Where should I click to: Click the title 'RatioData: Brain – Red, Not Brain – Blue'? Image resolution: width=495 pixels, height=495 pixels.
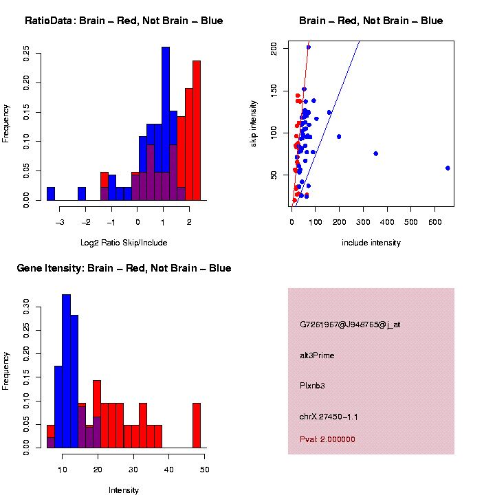click(x=124, y=21)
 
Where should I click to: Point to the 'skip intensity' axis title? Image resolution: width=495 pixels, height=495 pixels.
click(x=254, y=122)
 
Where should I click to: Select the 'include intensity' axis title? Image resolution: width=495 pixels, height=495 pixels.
click(x=371, y=242)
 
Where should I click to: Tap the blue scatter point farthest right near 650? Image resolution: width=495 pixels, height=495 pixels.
click(x=448, y=168)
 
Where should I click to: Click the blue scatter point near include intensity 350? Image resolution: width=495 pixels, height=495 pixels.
click(x=375, y=153)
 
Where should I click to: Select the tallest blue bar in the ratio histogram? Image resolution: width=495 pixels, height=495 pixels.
click(x=166, y=124)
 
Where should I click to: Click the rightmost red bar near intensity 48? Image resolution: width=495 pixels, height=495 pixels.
click(x=197, y=426)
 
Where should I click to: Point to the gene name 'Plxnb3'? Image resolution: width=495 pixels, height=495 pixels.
click(x=312, y=386)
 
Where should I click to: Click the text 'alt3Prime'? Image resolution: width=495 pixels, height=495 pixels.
click(x=317, y=355)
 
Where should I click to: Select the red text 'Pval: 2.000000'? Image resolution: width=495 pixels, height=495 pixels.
click(x=327, y=439)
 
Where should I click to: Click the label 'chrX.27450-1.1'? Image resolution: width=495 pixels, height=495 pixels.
click(x=329, y=417)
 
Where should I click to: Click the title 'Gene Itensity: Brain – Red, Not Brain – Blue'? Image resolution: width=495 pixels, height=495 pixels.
click(x=124, y=268)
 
